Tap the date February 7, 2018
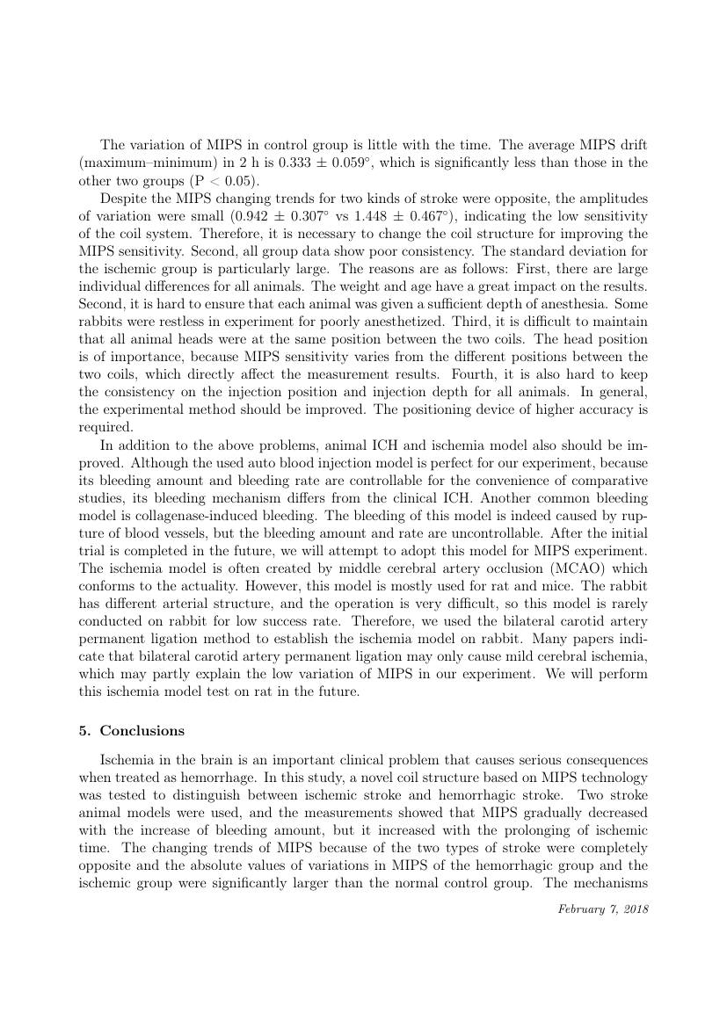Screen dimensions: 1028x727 pyautogui.click(x=603, y=909)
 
